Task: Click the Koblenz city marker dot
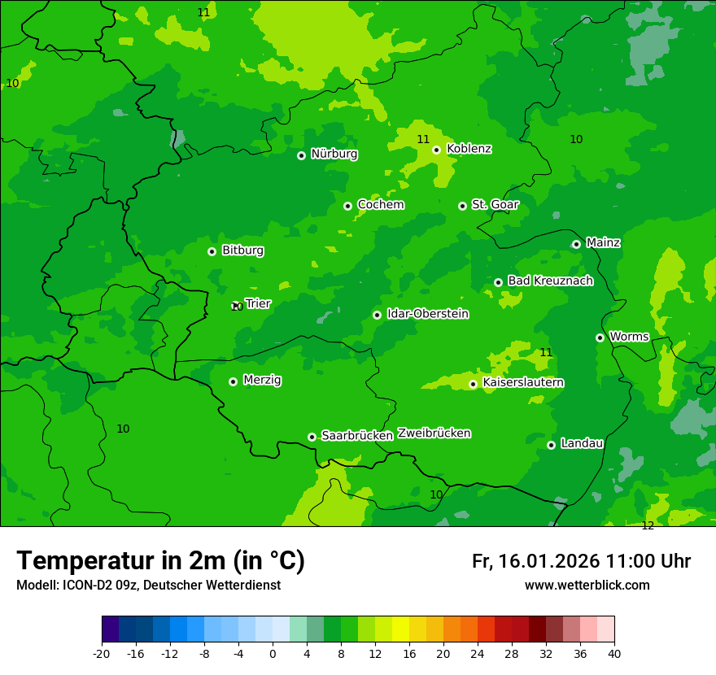436,150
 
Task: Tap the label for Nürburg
334,154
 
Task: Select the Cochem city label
380,205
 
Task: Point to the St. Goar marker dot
462,206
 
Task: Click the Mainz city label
603,242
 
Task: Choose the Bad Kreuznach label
550,281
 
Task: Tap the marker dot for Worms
600,337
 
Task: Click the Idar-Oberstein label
427,313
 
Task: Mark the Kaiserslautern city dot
473,384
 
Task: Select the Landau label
582,443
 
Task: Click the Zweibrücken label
434,433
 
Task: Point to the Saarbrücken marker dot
312,437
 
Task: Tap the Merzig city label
262,380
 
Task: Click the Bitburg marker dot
212,251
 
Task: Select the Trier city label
258,303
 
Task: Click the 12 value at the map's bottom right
648,526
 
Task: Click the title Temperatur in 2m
160,560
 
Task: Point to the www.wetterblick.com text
587,585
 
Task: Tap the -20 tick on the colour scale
102,653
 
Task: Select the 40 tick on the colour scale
614,653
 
